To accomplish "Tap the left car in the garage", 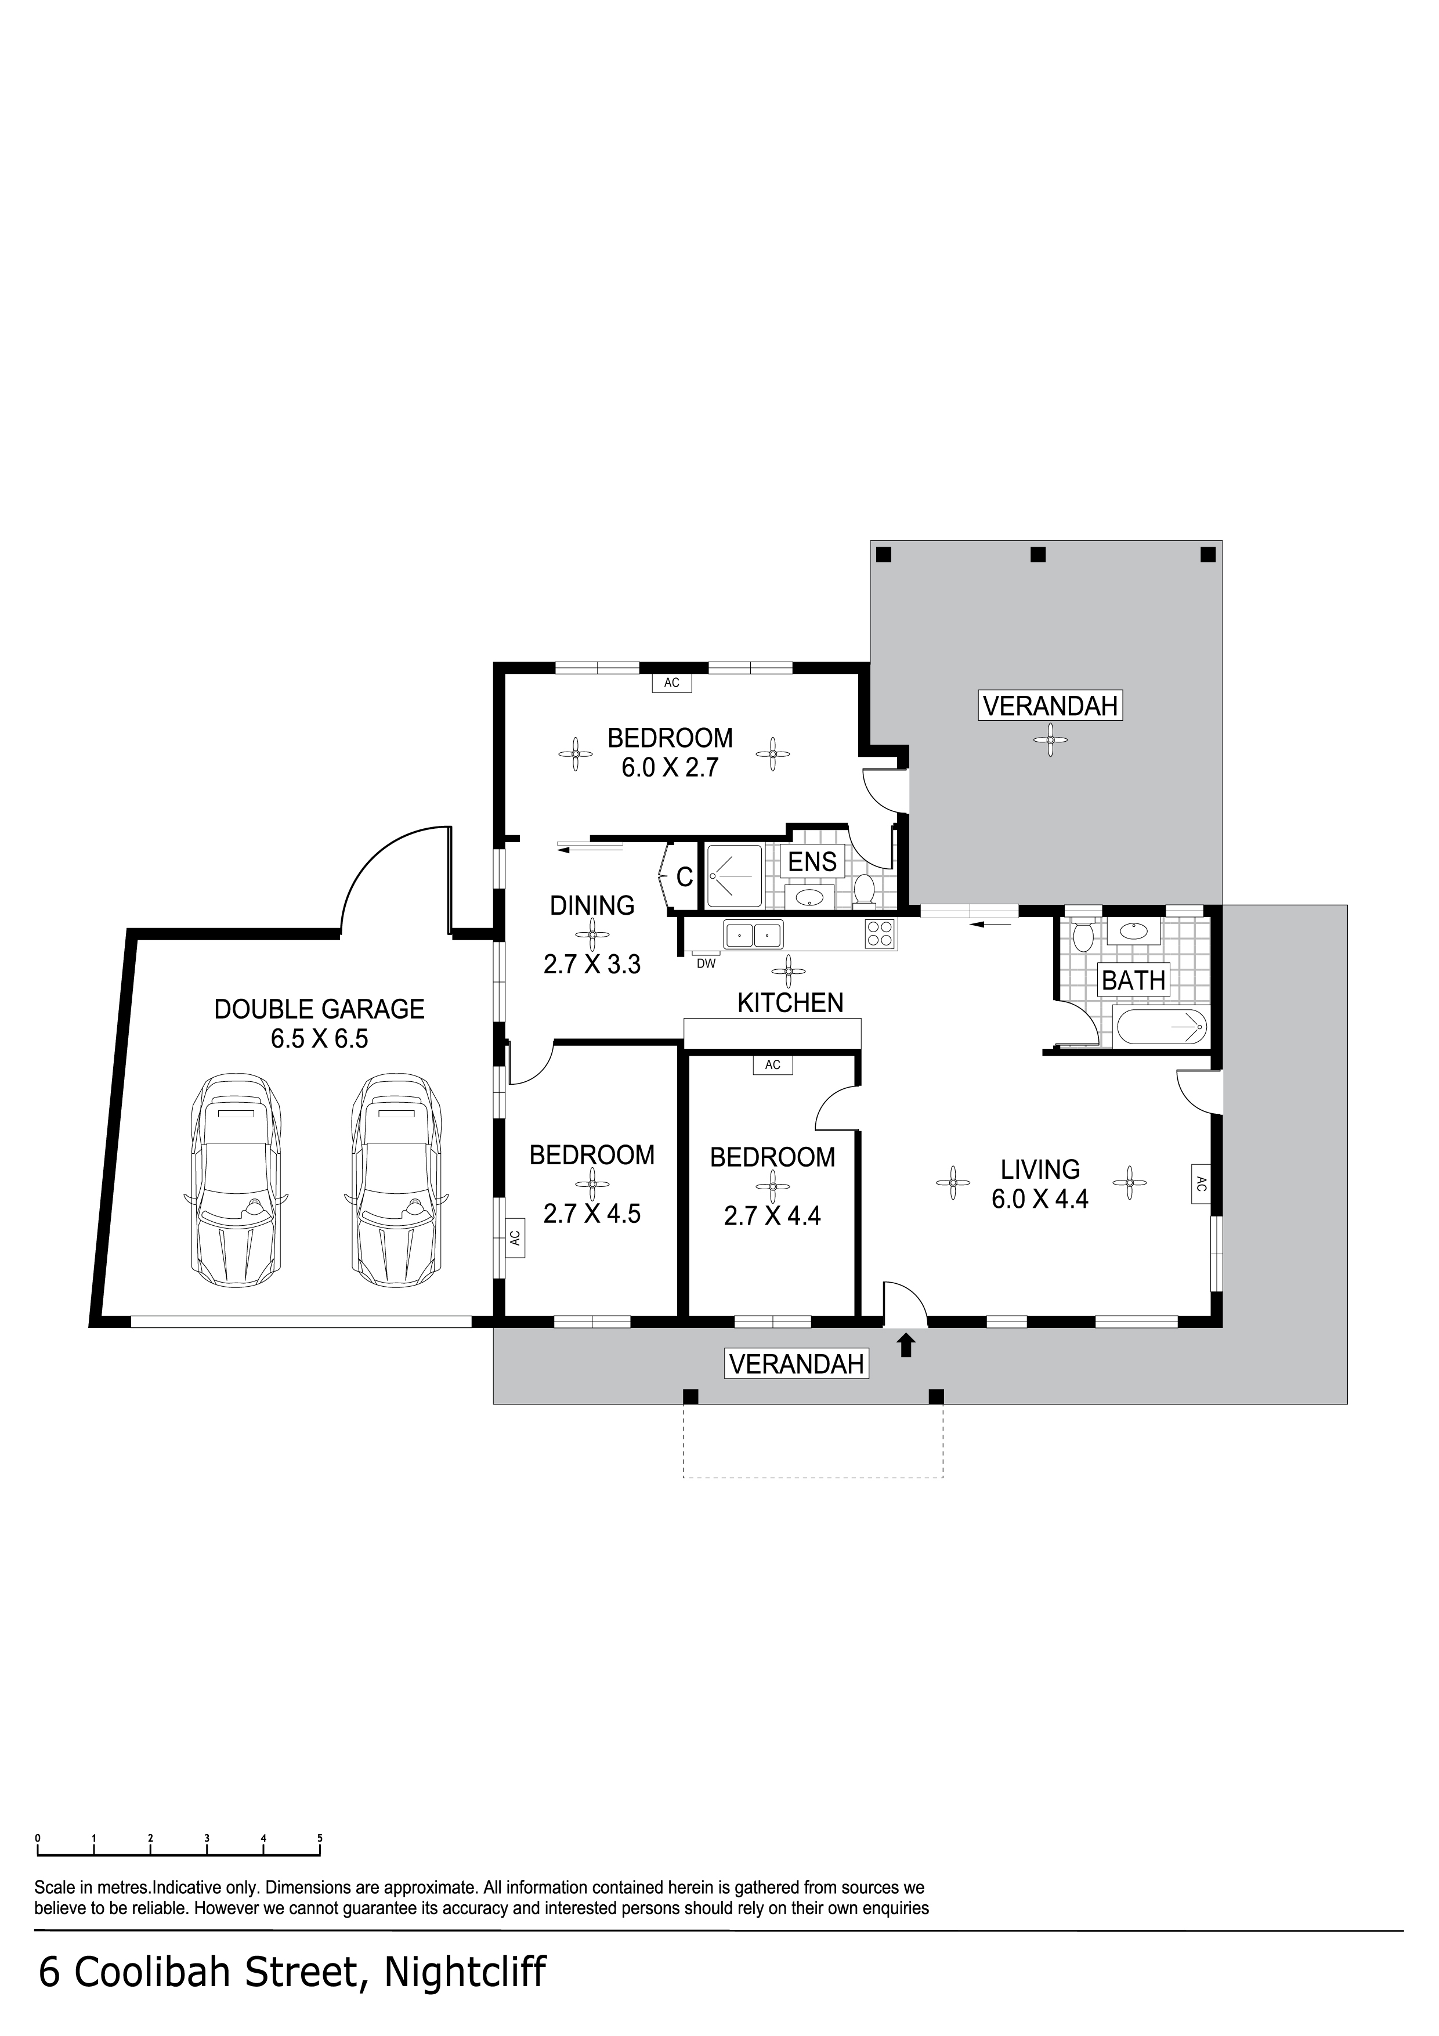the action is [x=236, y=1182].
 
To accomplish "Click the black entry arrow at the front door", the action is [x=905, y=1345].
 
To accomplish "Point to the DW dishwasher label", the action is [x=706, y=964].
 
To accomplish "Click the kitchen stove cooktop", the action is [x=880, y=934].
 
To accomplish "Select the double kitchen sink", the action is [x=753, y=934].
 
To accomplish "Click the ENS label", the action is [x=812, y=861].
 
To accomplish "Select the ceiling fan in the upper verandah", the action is [x=1051, y=739].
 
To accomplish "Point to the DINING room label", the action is [x=592, y=905].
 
